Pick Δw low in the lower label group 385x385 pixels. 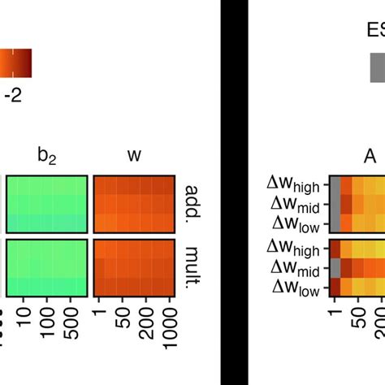coord(297,286)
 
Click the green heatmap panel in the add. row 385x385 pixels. coord(47,203)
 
